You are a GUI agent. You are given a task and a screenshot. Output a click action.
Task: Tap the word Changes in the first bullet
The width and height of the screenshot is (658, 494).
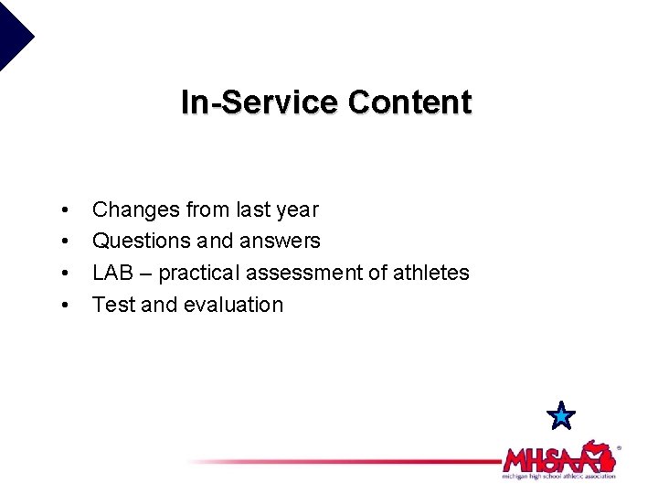(136, 209)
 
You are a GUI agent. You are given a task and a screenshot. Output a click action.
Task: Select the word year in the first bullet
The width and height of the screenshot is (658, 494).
(297, 209)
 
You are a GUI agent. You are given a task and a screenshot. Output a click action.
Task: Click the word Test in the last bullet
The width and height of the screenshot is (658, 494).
(112, 305)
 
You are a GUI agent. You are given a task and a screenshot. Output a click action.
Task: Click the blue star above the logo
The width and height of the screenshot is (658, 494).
(561, 416)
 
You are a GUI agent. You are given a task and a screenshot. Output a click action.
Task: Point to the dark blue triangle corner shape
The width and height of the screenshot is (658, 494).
(13, 32)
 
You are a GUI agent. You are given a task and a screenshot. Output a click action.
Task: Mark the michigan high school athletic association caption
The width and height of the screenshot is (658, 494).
(558, 476)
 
